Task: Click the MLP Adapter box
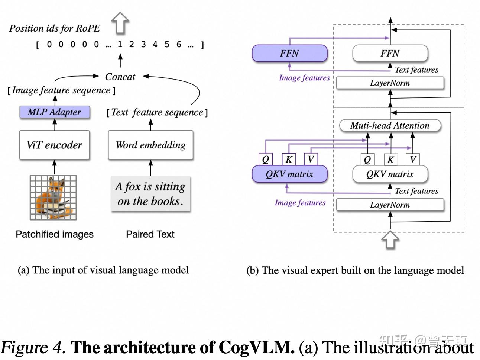[55, 112]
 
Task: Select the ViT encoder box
[55, 145]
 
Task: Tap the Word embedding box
[150, 145]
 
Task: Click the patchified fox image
[53, 197]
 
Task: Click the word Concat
[120, 77]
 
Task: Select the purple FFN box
[289, 54]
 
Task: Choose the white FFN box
[390, 54]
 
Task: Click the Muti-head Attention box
[390, 126]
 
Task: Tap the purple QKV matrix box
[289, 174]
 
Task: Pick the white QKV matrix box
[390, 174]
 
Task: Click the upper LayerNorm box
[390, 83]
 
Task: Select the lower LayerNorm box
[390, 205]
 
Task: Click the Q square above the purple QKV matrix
[266, 160]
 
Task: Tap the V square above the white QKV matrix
[413, 160]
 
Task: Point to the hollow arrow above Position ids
[120, 22]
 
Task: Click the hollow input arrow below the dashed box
[390, 240]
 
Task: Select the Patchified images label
[55, 234]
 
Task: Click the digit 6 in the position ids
[179, 45]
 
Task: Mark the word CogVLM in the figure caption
[256, 347]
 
